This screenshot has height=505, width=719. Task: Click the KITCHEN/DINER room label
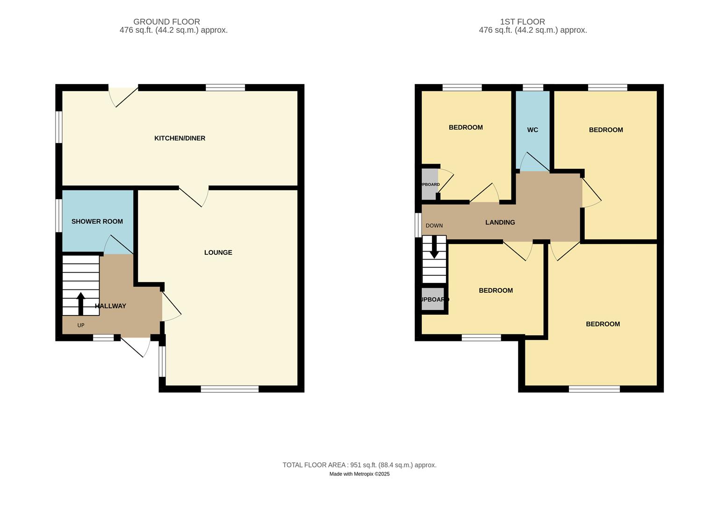(x=180, y=138)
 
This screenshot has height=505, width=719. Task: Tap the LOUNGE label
(x=218, y=252)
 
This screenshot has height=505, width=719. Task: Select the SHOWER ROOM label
(x=97, y=222)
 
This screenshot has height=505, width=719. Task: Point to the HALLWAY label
(x=111, y=306)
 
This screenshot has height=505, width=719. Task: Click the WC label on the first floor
(x=532, y=130)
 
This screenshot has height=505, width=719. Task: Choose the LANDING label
(x=500, y=223)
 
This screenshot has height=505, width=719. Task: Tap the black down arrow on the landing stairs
(x=434, y=247)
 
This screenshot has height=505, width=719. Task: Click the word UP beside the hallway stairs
(x=81, y=325)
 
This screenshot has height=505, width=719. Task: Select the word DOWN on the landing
(x=434, y=226)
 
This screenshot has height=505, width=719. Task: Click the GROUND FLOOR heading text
(x=166, y=22)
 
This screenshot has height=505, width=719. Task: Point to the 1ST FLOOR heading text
(x=522, y=22)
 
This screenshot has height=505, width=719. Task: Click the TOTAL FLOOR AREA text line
(x=359, y=465)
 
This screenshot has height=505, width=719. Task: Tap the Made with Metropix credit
(x=359, y=474)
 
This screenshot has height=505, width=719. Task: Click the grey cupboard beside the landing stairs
(x=433, y=299)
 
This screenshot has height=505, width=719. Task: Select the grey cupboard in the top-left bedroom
(x=429, y=184)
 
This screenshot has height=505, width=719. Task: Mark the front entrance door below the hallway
(x=136, y=346)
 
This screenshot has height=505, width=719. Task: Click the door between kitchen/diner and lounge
(x=194, y=195)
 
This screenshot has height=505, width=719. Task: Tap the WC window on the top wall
(x=532, y=87)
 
